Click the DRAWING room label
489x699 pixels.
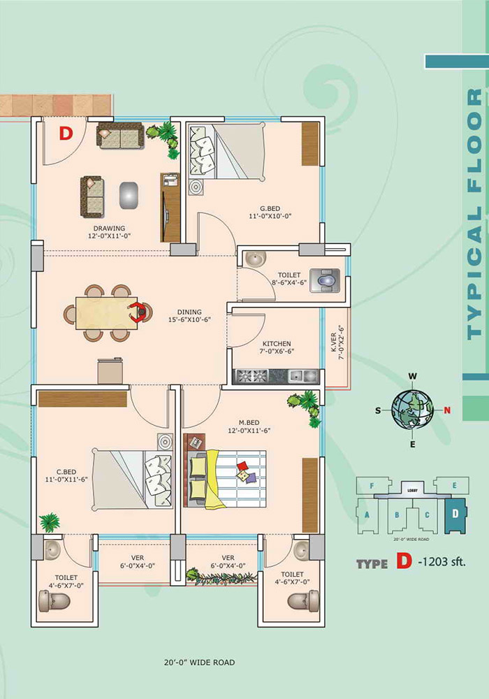pos(109,229)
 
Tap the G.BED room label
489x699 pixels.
pos(270,208)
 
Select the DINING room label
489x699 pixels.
pos(189,312)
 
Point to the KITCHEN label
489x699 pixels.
pos(277,344)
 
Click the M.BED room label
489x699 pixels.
pos(249,423)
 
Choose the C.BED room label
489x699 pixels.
pos(66,472)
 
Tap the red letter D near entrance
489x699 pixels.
pos(66,134)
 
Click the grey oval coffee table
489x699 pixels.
pos(129,195)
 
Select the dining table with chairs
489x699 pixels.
pos(108,313)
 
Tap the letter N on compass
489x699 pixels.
pos(447,410)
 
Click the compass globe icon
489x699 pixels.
pos(412,410)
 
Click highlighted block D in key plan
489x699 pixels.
pos(455,515)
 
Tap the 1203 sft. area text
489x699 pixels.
pos(442,561)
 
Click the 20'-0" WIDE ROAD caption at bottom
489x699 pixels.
pos(199,663)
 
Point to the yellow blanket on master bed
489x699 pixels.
pos(216,479)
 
